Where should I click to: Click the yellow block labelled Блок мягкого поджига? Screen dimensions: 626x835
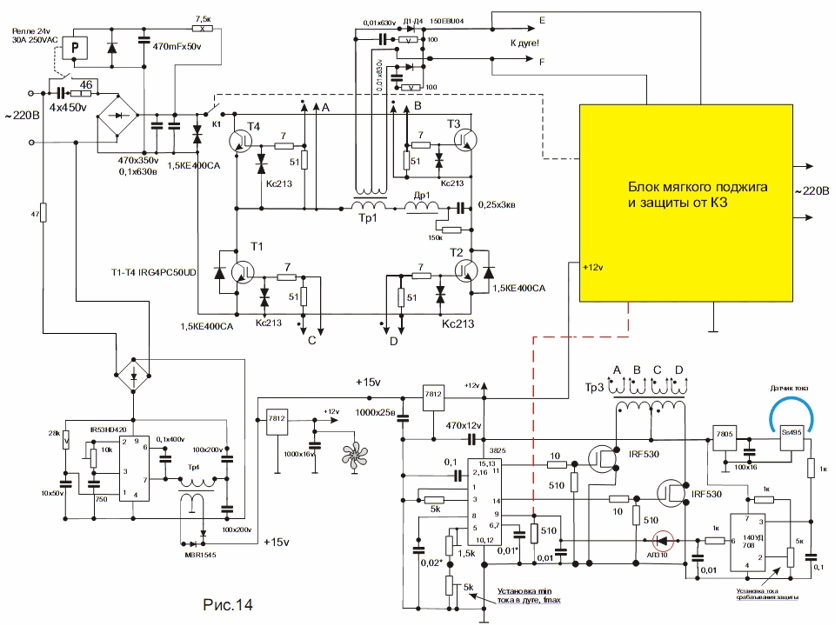pyautogui.click(x=685, y=202)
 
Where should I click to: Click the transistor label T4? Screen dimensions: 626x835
pyautogui.click(x=253, y=126)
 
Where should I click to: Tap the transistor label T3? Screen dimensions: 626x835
pyautogui.click(x=454, y=123)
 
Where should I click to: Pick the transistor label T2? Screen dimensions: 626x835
pyautogui.click(x=456, y=251)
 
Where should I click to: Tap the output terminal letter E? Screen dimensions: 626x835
pyautogui.click(x=543, y=19)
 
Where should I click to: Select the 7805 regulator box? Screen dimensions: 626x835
pyautogui.click(x=724, y=434)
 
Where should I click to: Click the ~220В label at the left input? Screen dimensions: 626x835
pyautogui.click(x=22, y=115)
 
